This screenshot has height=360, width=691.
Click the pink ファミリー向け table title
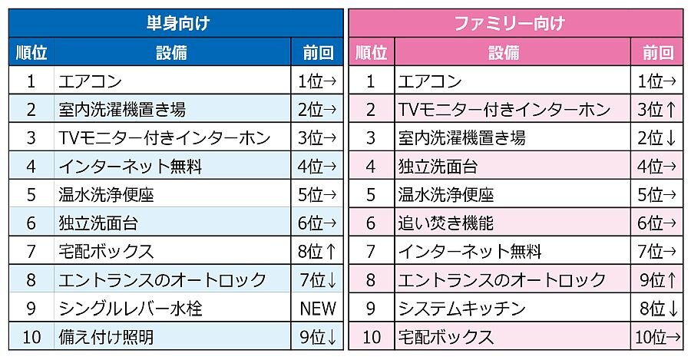(x=516, y=22)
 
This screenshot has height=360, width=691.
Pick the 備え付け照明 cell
(x=106, y=336)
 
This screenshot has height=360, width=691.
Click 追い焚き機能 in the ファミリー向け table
(x=445, y=223)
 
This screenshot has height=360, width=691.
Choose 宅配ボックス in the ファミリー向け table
(x=445, y=336)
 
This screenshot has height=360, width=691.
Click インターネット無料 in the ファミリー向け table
(x=470, y=252)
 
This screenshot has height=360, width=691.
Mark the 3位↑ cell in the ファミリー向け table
(x=657, y=110)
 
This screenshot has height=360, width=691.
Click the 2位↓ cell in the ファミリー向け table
(x=657, y=138)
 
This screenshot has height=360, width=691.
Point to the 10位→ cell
(x=657, y=336)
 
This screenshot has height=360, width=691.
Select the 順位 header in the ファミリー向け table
(x=372, y=53)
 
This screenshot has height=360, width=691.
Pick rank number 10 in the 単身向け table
(x=31, y=336)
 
